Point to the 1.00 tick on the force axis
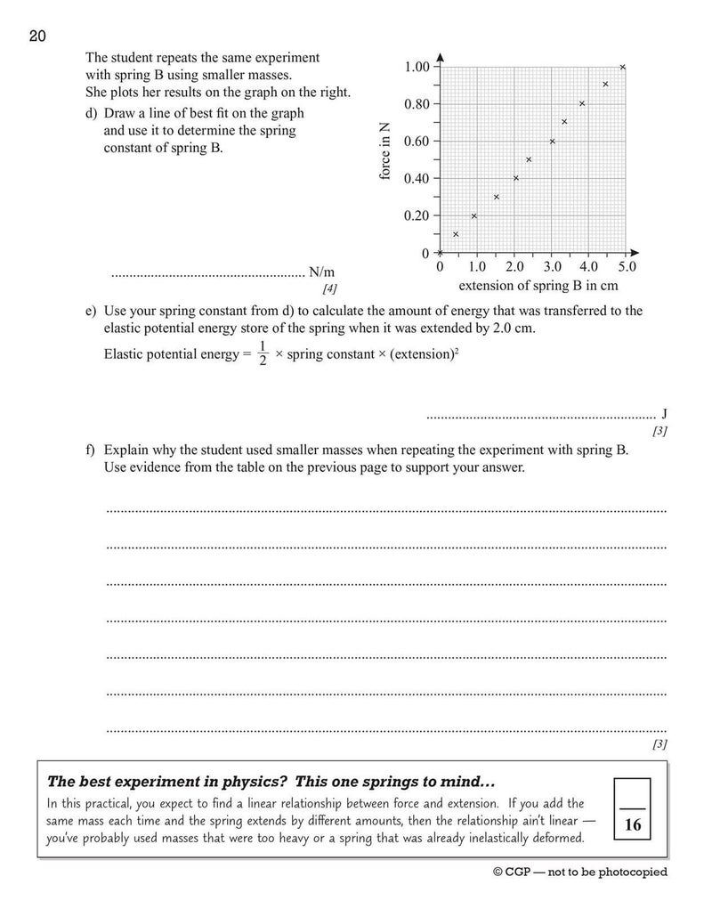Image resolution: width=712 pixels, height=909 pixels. (x=416, y=67)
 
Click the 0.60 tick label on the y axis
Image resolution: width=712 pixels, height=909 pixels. (x=416, y=142)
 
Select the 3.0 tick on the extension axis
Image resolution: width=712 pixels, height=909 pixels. (x=551, y=266)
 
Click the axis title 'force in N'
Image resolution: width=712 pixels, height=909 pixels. (x=386, y=152)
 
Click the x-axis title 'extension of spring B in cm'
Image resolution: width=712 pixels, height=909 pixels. (x=538, y=286)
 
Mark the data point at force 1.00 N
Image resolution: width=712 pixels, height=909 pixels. (x=623, y=67)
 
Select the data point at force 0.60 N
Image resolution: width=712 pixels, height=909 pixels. (x=552, y=142)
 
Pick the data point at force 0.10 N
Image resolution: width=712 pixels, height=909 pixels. (x=456, y=234)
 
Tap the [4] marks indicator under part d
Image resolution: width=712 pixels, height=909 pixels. (x=330, y=288)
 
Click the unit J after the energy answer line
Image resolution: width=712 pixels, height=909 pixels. (x=664, y=415)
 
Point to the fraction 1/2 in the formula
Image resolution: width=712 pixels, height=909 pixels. (x=263, y=353)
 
